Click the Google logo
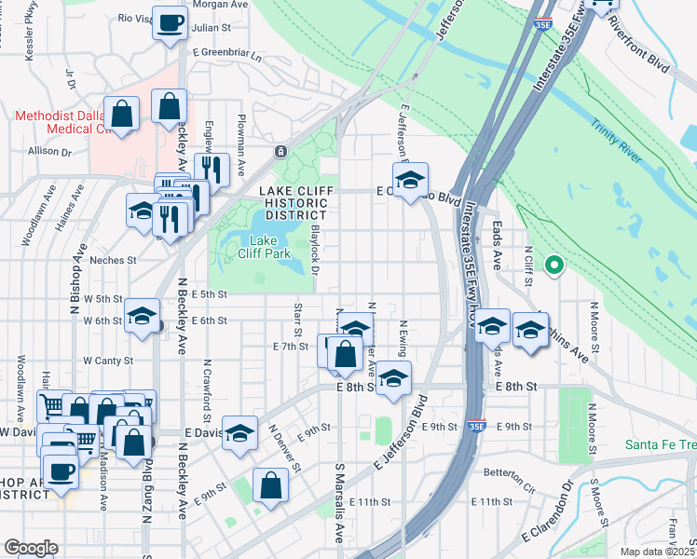pos(31,548)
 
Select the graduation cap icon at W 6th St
pos(142,315)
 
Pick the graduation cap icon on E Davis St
pos(239,431)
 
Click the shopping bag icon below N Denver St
pos(270,484)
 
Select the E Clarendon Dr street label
pos(551,512)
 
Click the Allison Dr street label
pos(49,150)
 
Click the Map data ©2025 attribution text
pos(657,551)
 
